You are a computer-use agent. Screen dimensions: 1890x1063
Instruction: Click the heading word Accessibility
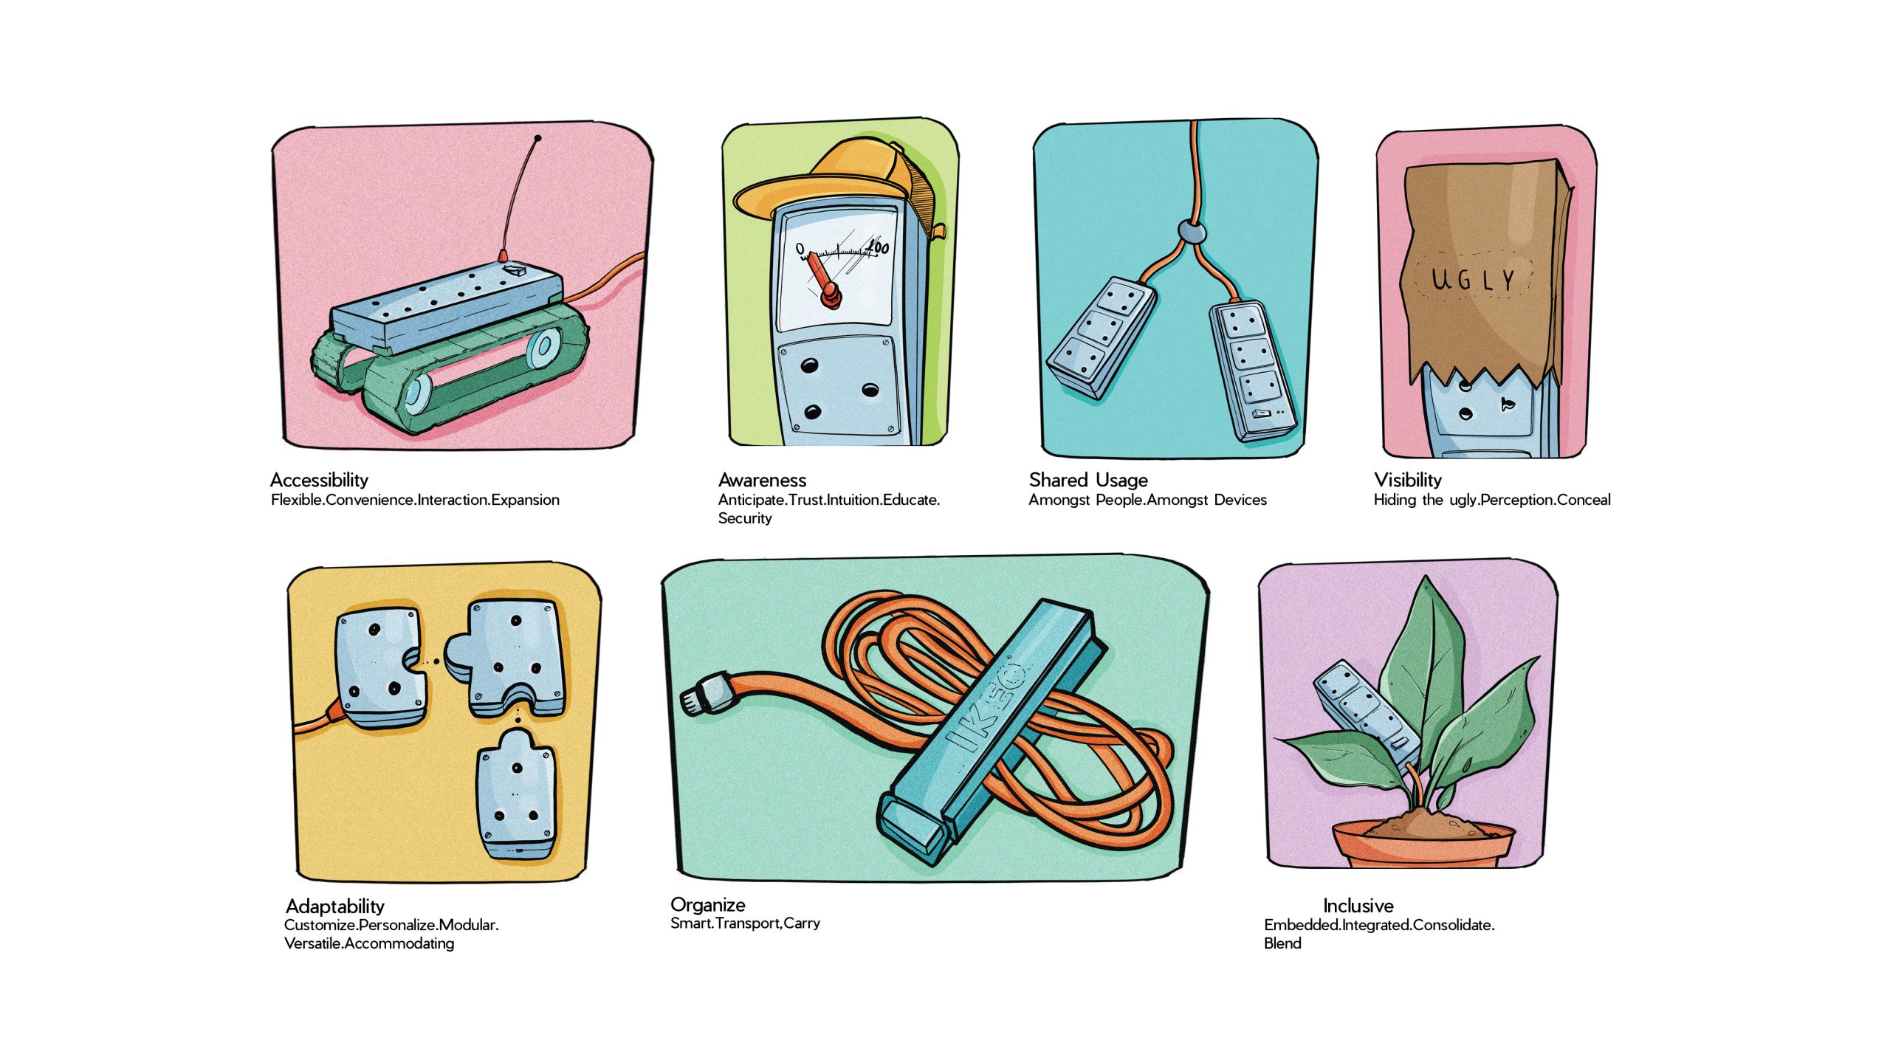[319, 481]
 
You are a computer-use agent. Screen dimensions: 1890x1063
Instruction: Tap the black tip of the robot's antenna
[537, 138]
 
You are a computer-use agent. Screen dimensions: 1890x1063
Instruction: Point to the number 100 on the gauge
[877, 247]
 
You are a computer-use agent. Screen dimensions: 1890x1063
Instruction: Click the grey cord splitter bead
[1191, 233]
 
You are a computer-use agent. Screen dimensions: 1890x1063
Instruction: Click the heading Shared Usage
[1088, 481]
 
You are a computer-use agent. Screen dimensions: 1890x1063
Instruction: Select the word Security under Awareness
[745, 518]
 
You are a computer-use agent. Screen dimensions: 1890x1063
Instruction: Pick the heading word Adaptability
[335, 907]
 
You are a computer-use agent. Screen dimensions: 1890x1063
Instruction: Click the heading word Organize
[707, 905]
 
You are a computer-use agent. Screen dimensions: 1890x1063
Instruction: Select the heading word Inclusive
[1358, 906]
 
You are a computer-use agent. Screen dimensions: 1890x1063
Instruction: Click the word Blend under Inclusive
[1282, 943]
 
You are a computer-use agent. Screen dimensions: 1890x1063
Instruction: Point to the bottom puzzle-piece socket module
[516, 795]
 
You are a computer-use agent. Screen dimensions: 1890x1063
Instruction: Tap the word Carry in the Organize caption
[802, 923]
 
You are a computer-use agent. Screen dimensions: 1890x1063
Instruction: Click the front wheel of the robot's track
[418, 393]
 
